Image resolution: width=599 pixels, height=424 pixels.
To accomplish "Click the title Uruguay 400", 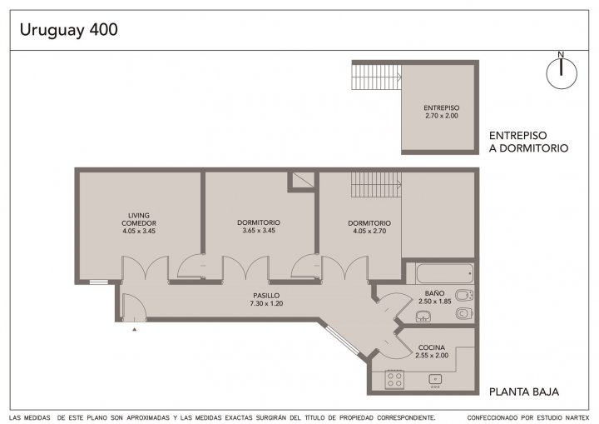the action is pyautogui.click(x=69, y=30).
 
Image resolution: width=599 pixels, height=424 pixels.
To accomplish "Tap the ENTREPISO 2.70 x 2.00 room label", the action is pyautogui.click(x=441, y=112).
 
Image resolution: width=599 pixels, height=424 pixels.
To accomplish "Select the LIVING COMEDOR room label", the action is pyautogui.click(x=139, y=219).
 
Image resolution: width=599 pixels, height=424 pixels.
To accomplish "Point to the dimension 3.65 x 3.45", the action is pyautogui.click(x=259, y=231).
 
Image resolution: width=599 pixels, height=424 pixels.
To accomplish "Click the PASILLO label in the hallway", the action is pyautogui.click(x=266, y=296).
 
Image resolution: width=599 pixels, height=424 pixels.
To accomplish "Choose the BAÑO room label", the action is pyautogui.click(x=434, y=293).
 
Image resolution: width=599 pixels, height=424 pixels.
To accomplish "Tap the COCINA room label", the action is pyautogui.click(x=432, y=347).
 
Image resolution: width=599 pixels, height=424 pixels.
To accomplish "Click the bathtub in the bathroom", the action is pyautogui.click(x=444, y=273).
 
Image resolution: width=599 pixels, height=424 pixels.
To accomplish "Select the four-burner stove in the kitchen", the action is pyautogui.click(x=394, y=380).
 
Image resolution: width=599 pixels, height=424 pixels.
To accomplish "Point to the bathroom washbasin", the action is pyautogui.click(x=423, y=317).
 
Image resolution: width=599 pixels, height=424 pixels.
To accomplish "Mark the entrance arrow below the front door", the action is pyautogui.click(x=135, y=329).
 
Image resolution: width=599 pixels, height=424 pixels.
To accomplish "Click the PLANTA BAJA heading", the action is pyautogui.click(x=524, y=392).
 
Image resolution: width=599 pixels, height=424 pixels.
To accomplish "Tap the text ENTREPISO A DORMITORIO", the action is pyautogui.click(x=529, y=142).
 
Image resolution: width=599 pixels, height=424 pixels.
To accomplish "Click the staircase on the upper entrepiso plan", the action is pyautogui.click(x=376, y=77).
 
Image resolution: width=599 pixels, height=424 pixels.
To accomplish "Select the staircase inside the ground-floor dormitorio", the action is pyautogui.click(x=376, y=184).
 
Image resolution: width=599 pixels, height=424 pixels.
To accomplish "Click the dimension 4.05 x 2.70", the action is pyautogui.click(x=369, y=231).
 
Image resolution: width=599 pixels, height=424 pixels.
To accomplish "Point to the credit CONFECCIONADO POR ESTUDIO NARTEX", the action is pyautogui.click(x=528, y=417).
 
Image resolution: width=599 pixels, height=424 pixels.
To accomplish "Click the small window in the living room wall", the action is pyautogui.click(x=99, y=282).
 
